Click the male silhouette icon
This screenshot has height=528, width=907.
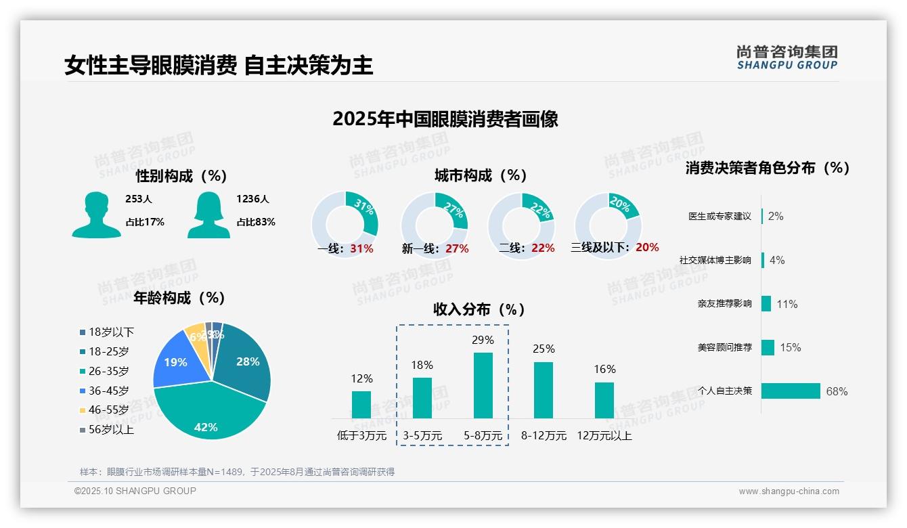pos(96,215)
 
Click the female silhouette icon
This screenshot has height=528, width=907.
pos(208,215)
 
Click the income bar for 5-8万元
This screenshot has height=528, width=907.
pos(483,385)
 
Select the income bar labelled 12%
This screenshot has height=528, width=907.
pos(361,404)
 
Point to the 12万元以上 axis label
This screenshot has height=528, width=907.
pos(604,436)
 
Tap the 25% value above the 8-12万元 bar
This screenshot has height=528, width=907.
pos(544,349)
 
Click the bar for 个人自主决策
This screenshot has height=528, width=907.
pos(791,391)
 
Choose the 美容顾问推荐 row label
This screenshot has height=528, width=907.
pos(724,348)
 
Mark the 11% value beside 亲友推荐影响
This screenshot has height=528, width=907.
pos(787,305)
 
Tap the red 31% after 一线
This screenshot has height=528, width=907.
pos(361,248)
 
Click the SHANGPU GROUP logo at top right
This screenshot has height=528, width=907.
pos(787,58)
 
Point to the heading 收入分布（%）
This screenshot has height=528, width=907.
pos(479,309)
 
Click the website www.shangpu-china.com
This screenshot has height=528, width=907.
pos(789,491)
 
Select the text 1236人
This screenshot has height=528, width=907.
pos(252,199)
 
